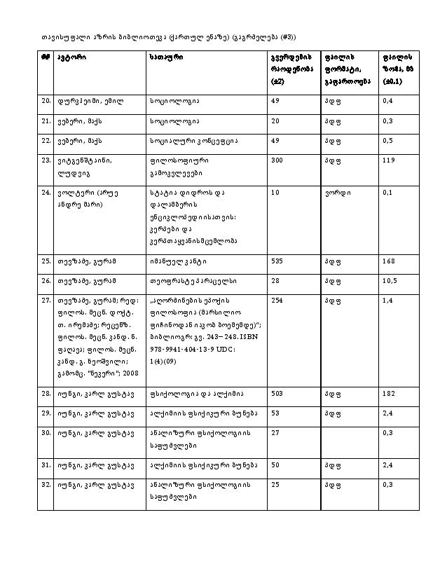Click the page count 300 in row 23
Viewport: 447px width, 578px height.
point(276,160)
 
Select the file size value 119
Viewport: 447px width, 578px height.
point(388,160)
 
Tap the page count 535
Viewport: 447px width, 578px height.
point(276,261)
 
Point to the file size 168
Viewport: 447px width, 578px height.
point(388,261)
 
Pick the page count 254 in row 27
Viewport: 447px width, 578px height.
point(276,301)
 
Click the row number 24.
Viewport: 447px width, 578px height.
point(46,191)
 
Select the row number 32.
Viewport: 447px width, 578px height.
point(46,484)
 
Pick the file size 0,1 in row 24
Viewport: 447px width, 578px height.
point(387,191)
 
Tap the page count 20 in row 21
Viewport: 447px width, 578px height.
point(274,121)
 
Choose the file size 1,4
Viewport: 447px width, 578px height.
point(387,301)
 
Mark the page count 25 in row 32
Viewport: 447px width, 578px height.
point(274,484)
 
